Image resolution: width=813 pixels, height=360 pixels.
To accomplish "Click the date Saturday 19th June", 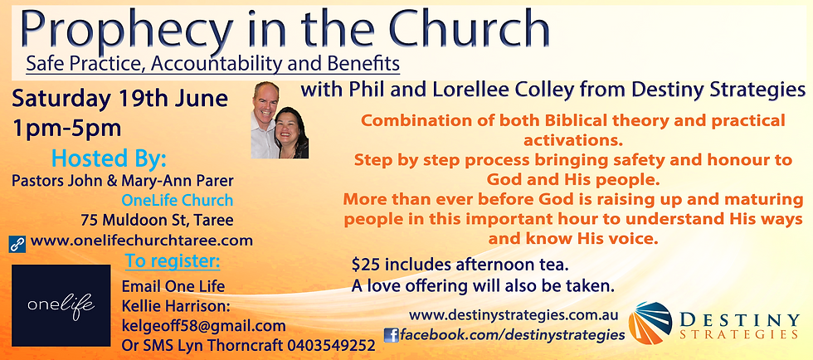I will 121,100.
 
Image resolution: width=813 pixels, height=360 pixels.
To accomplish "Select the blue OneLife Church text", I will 177,200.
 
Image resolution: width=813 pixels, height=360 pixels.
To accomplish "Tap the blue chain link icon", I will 16,243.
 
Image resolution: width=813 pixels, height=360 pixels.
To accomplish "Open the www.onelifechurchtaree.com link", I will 139,241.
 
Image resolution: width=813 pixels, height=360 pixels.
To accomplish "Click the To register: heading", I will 172,263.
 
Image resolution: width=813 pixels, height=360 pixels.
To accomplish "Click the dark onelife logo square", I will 61,305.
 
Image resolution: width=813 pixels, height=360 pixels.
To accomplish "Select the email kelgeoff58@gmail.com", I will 203,326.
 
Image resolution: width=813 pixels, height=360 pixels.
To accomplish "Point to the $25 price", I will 367,266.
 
